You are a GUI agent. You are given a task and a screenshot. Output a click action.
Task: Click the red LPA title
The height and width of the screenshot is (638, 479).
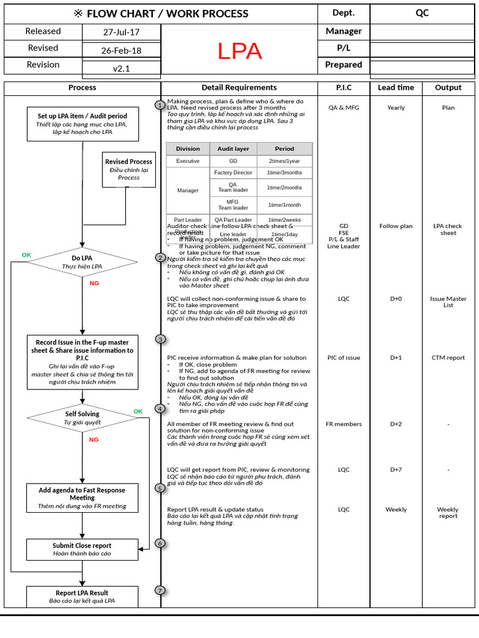(239, 52)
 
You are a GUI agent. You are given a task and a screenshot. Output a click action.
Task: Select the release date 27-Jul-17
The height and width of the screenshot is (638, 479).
(121, 32)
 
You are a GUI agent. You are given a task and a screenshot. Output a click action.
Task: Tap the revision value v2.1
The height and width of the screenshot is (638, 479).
(121, 69)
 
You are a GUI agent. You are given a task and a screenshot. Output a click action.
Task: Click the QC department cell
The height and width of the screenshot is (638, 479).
(422, 13)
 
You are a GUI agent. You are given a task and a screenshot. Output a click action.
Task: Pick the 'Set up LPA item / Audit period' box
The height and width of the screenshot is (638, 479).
(82, 123)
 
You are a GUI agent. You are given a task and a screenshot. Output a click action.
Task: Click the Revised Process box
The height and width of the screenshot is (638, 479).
(128, 169)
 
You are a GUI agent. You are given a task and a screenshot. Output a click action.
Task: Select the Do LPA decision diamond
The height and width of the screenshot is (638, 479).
(82, 262)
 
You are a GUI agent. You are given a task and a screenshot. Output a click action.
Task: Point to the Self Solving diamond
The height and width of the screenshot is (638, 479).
(82, 417)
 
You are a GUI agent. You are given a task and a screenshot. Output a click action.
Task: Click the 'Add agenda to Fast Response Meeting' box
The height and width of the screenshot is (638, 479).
(82, 498)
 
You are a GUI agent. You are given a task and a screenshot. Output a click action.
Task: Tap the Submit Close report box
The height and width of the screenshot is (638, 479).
(82, 550)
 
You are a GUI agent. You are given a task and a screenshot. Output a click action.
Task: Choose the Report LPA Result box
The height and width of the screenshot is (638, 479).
(82, 597)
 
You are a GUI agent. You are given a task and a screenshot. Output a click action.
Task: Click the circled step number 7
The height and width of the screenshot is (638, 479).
(160, 590)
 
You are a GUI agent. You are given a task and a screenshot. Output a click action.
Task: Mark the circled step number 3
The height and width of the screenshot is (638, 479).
(160, 340)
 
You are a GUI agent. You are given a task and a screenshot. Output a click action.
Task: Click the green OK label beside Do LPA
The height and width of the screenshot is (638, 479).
(26, 255)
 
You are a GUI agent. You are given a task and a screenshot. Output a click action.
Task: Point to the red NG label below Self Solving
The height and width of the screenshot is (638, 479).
(94, 439)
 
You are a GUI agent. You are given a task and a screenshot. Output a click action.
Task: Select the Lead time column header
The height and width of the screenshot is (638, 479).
(395, 88)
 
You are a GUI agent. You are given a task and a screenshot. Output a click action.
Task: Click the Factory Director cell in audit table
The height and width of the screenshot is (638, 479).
(233, 173)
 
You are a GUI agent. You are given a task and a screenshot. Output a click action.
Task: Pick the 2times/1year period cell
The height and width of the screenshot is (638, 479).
(284, 161)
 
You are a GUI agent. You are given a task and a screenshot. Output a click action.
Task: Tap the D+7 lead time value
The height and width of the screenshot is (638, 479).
(395, 470)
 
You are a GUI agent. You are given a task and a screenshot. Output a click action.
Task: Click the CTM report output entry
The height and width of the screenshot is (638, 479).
(448, 358)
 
